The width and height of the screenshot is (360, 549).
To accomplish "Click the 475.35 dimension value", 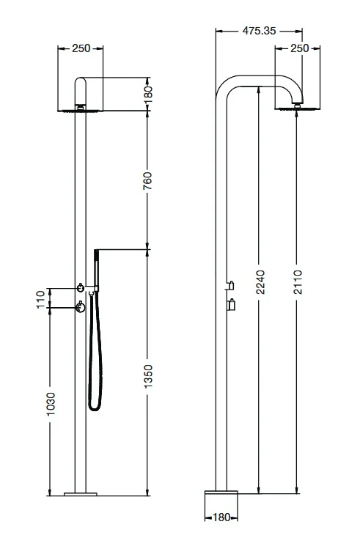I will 260,31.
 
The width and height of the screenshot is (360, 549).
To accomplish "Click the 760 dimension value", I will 147,180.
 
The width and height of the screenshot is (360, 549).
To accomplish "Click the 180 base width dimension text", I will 219,517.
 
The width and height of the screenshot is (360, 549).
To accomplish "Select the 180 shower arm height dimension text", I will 147,94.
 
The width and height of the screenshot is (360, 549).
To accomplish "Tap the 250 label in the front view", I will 81,49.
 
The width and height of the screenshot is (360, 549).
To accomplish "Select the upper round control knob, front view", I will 79,286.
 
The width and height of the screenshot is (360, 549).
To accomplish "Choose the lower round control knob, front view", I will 79,308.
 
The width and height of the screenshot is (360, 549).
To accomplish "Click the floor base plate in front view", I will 80,494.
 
